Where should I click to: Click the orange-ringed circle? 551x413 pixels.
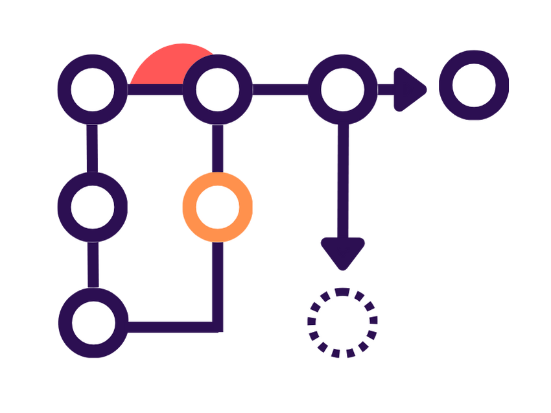click(x=217, y=207)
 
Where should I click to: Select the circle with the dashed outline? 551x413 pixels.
click(x=342, y=322)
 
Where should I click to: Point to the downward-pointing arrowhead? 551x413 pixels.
click(x=342, y=253)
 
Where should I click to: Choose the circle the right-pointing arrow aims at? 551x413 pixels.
click(x=474, y=85)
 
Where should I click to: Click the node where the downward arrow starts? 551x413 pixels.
click(x=342, y=89)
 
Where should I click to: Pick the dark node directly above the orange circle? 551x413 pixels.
click(x=217, y=89)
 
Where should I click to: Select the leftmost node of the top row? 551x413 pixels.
click(x=93, y=89)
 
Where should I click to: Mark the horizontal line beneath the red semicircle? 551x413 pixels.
click(x=156, y=90)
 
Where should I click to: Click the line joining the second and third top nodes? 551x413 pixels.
click(x=280, y=89)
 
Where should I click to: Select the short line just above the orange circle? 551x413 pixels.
click(x=217, y=148)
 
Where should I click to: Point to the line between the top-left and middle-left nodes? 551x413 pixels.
click(x=93, y=148)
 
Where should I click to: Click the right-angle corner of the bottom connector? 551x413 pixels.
click(x=217, y=322)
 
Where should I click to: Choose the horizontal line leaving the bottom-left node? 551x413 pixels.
click(x=169, y=322)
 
